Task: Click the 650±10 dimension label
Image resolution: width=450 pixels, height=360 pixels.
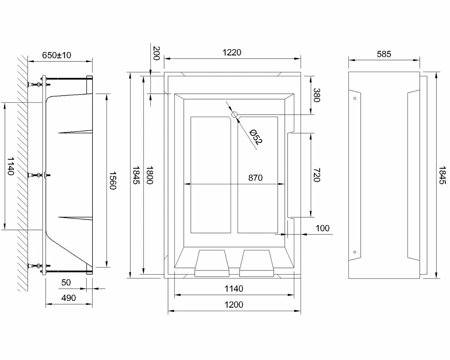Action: (x=56, y=55)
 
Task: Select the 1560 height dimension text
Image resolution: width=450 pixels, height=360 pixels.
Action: (x=112, y=180)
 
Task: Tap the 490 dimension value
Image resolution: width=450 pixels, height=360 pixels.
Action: (x=69, y=298)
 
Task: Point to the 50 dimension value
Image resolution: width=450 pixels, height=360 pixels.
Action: (x=66, y=282)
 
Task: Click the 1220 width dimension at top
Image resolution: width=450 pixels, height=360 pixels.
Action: (x=232, y=52)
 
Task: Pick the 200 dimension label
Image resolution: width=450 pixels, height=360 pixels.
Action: (x=156, y=53)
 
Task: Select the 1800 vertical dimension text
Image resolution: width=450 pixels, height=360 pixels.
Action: (x=149, y=175)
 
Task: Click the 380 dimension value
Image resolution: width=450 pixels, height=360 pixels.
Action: (x=316, y=95)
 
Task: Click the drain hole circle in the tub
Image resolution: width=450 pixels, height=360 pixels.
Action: (x=234, y=114)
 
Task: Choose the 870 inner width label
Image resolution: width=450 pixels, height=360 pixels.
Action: (x=255, y=178)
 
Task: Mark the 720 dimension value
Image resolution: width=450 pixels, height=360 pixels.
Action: (x=316, y=175)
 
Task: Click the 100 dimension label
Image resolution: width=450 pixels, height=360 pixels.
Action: (x=322, y=228)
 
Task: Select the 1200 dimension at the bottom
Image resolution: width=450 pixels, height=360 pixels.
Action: (x=234, y=304)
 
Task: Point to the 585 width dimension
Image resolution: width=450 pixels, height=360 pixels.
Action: (x=384, y=54)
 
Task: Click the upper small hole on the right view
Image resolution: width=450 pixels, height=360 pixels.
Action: (x=355, y=98)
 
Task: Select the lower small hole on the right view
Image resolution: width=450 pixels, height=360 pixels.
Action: (x=355, y=252)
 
